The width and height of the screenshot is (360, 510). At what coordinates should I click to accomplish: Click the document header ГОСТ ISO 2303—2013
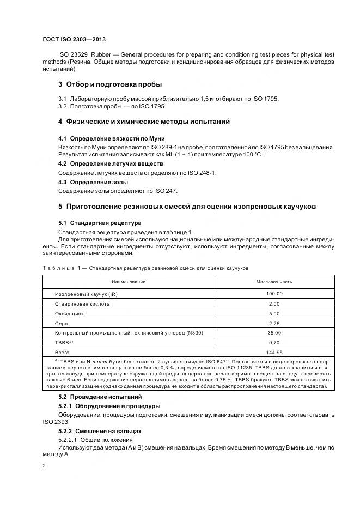74,40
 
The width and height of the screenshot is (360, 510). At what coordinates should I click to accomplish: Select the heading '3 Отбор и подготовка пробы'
110,84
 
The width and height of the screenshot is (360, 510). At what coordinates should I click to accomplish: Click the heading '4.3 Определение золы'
93,182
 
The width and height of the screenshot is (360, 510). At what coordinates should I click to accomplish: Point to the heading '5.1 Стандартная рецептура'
100,223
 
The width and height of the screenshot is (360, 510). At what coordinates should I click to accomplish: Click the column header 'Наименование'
129,282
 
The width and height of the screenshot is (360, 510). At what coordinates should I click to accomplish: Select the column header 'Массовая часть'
274,282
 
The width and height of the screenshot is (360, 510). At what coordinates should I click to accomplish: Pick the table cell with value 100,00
274,294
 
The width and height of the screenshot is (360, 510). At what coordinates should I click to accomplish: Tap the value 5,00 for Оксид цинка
274,313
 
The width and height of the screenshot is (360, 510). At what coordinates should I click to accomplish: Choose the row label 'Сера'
60,323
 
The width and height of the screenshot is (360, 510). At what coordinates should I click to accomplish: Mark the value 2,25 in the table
274,323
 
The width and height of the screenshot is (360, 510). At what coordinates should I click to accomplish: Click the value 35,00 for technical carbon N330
274,333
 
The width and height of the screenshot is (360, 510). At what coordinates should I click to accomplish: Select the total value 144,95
274,353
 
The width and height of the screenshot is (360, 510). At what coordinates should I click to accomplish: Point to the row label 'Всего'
62,353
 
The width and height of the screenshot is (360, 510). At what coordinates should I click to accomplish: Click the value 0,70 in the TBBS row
274,343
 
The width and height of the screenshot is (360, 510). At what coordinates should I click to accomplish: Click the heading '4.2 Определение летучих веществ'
110,163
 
